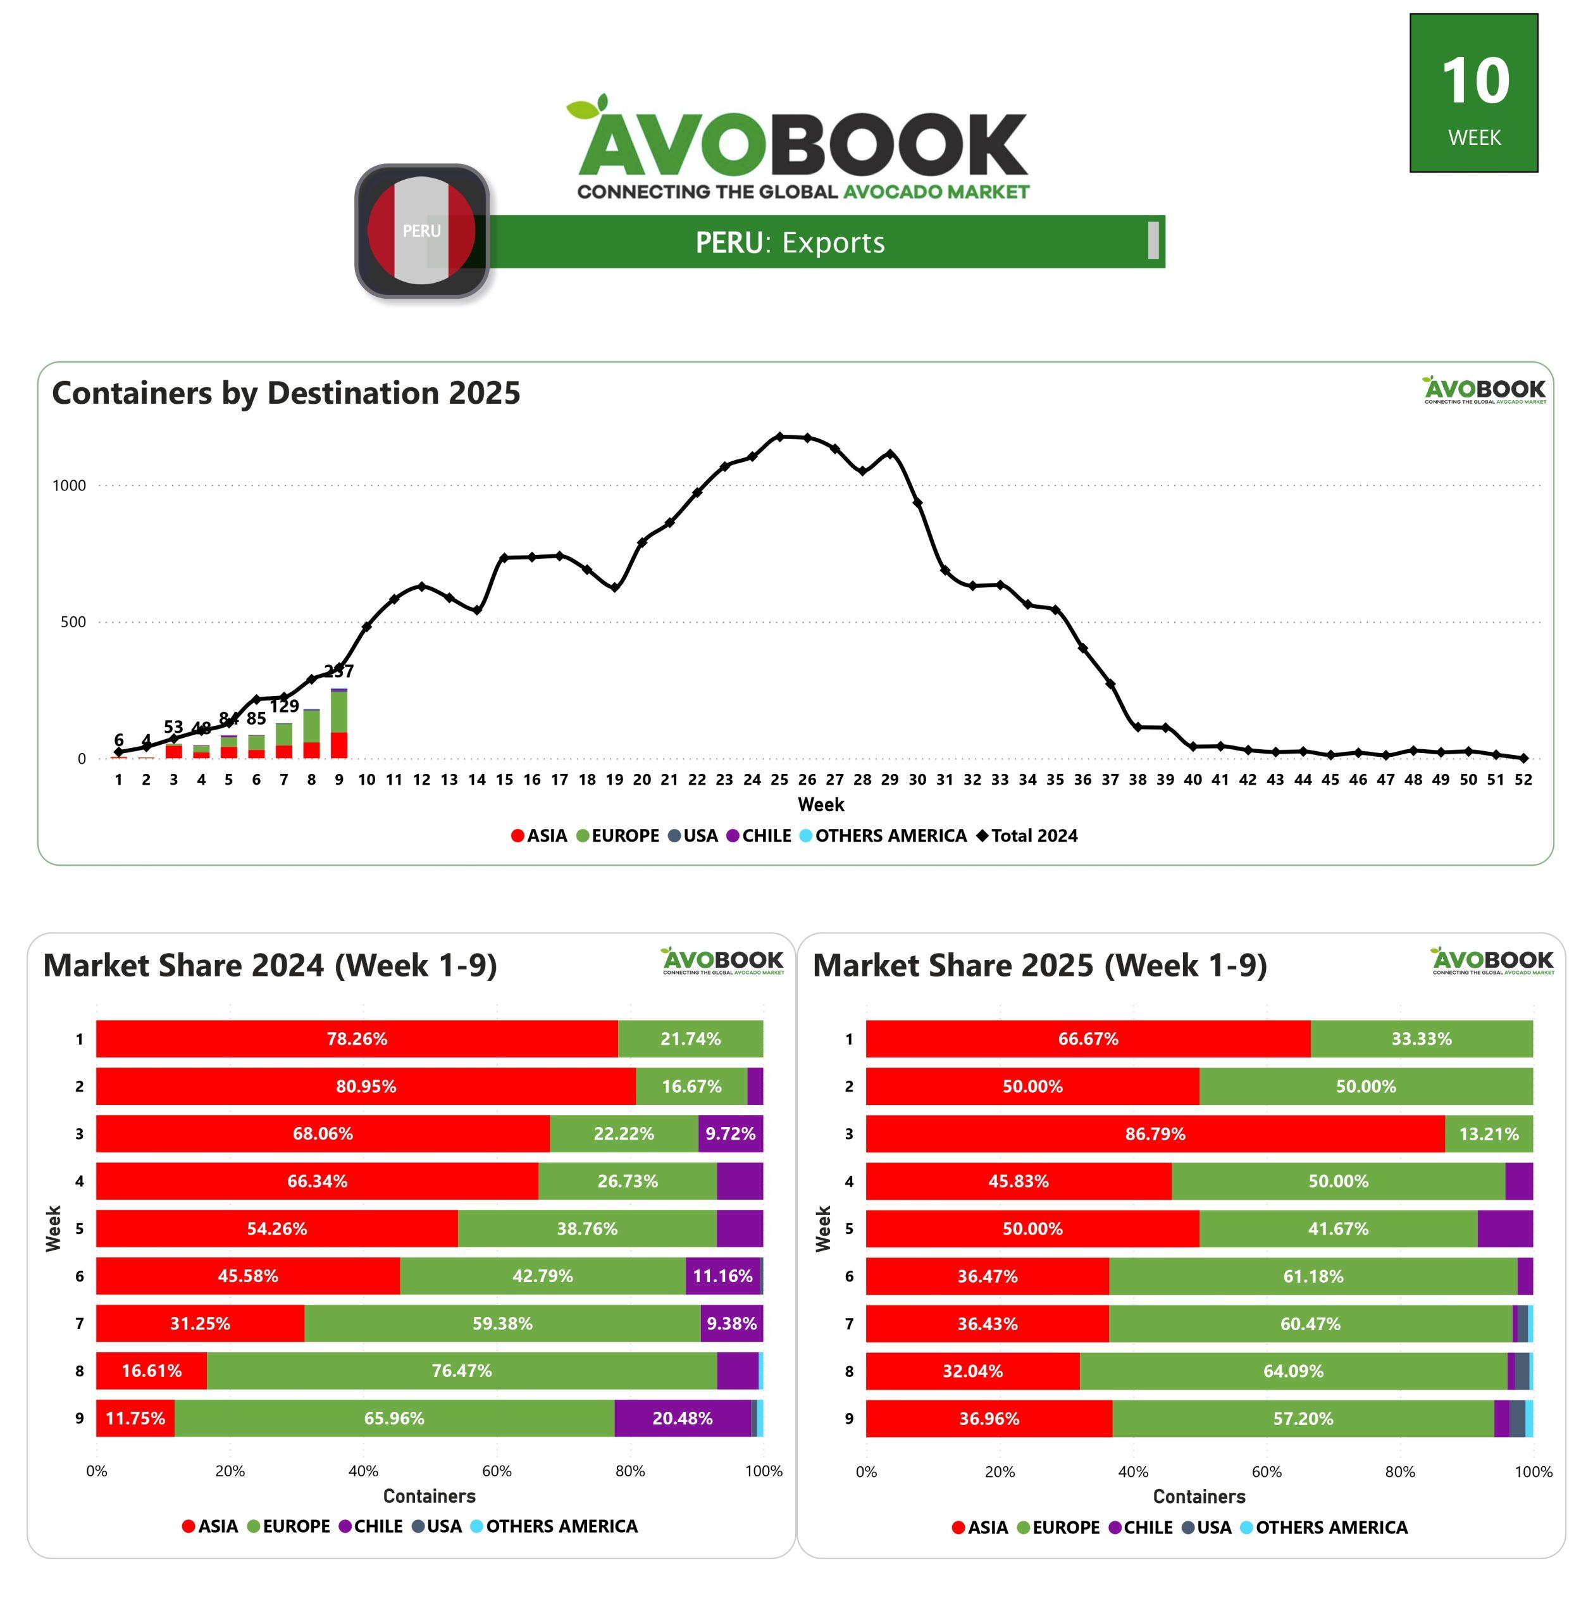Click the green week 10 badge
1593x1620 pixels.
click(x=1473, y=93)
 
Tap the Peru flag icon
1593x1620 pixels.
click(x=422, y=230)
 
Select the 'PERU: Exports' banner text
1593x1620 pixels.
click(x=790, y=242)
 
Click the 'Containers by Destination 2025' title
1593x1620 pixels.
click(x=286, y=393)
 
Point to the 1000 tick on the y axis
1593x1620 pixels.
click(x=70, y=486)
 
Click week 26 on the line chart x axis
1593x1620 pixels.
click(x=807, y=780)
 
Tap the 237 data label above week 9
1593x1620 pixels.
click(x=339, y=671)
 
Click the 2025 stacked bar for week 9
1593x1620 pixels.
click(x=339, y=724)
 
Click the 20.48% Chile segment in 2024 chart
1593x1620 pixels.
click(x=682, y=1418)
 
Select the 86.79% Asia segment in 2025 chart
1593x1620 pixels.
click(x=1155, y=1134)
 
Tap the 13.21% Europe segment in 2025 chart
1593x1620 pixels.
click(x=1489, y=1134)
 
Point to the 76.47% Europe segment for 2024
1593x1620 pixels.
click(x=461, y=1371)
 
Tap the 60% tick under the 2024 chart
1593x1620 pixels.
click(x=497, y=1471)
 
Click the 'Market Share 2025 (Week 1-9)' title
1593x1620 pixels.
click(x=1040, y=966)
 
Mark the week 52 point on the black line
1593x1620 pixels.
click(x=1523, y=758)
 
